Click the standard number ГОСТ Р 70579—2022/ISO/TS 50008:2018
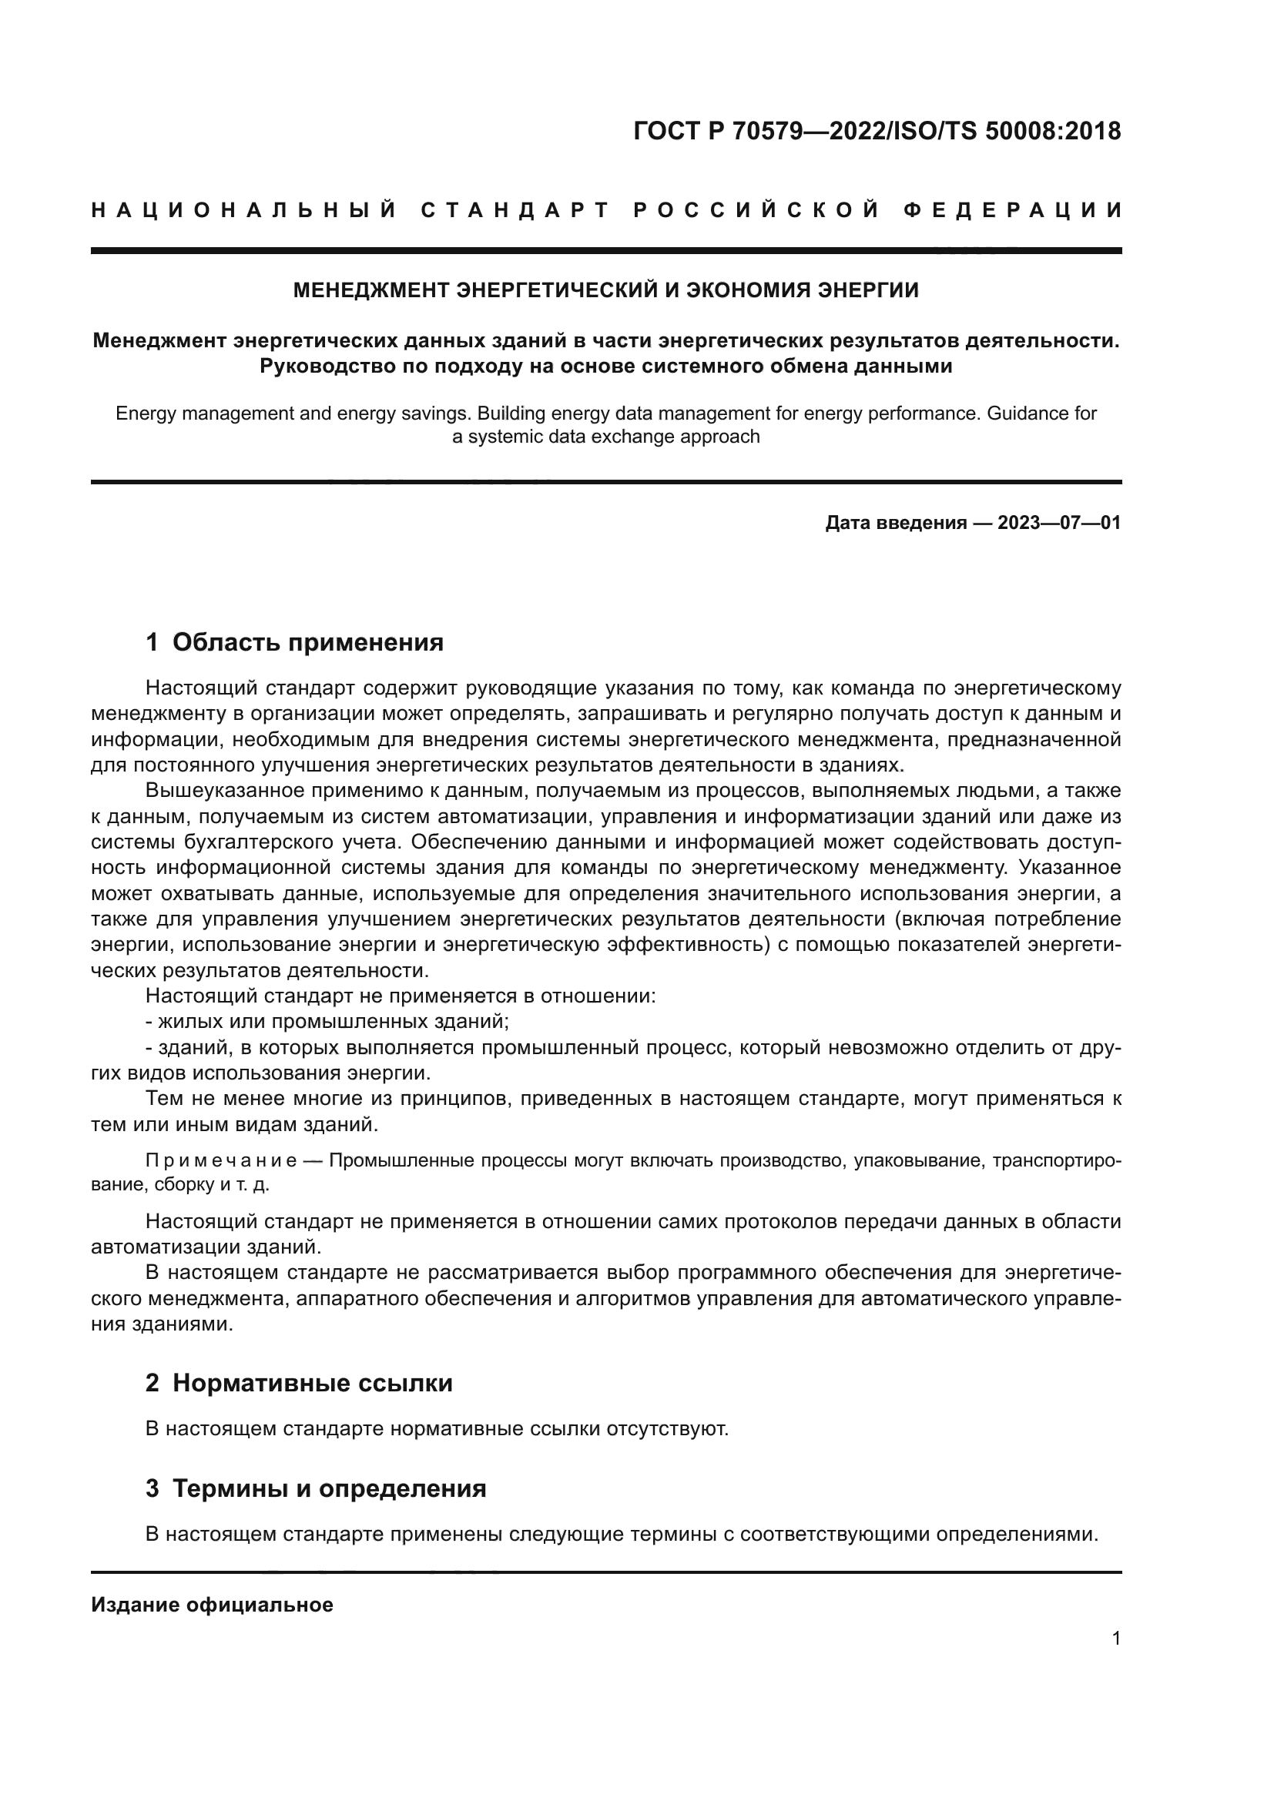tap(877, 131)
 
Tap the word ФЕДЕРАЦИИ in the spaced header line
tap(1012, 210)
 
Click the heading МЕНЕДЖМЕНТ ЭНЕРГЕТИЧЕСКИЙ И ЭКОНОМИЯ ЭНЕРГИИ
tap(605, 290)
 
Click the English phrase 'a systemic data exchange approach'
tap(605, 437)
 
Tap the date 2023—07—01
tap(1059, 522)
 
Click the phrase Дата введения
tap(895, 522)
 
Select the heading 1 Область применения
tap(294, 642)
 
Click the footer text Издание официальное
tap(212, 1605)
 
